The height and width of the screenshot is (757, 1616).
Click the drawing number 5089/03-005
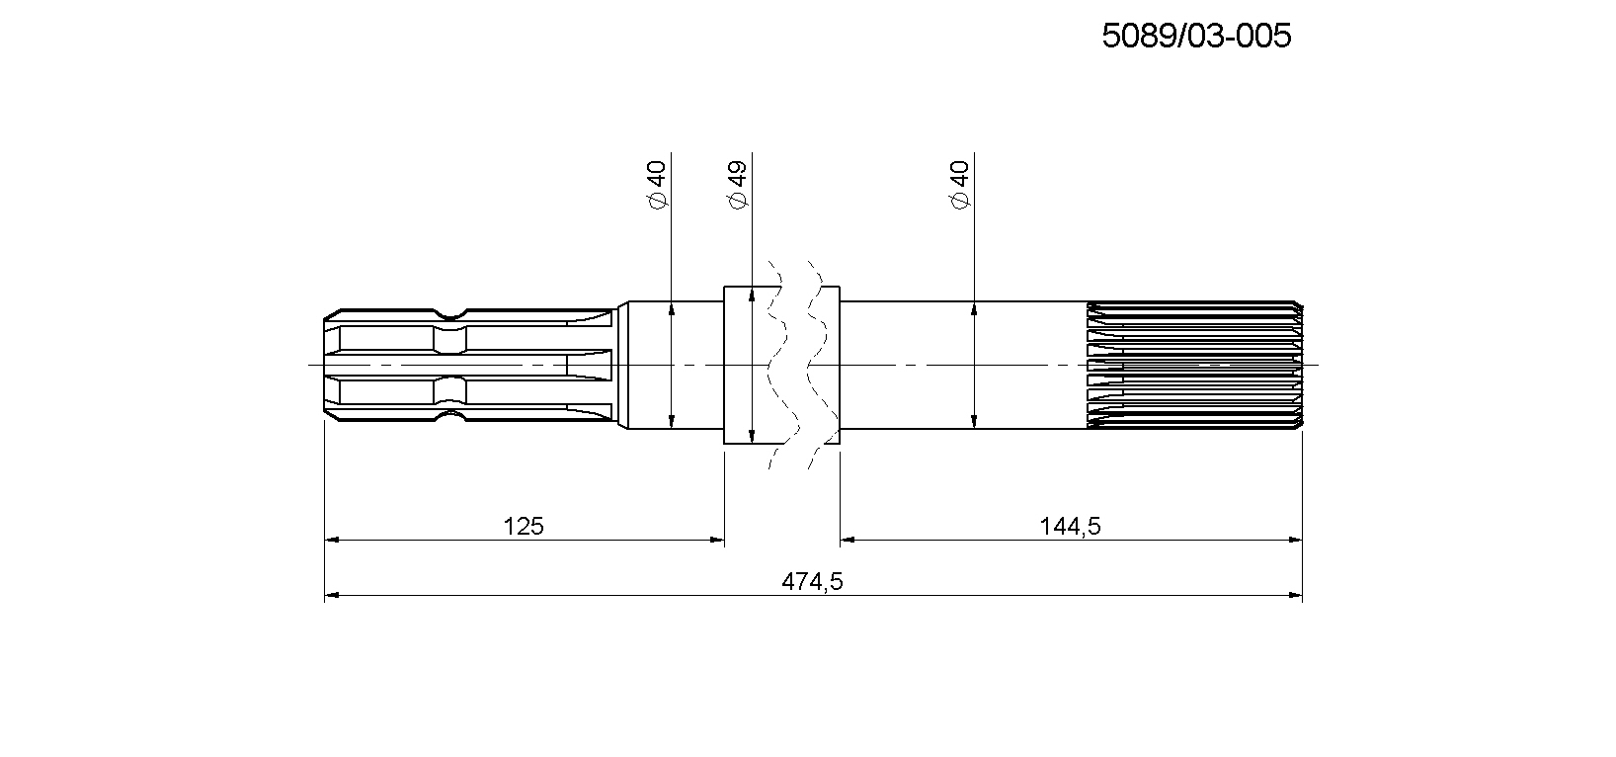coord(1196,36)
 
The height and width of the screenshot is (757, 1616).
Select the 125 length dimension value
coord(524,526)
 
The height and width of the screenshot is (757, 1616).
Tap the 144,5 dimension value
coord(1070,526)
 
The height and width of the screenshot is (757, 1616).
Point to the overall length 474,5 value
coord(812,581)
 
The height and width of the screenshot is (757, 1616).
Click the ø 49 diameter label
coord(738,186)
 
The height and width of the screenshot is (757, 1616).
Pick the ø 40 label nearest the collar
coord(657,186)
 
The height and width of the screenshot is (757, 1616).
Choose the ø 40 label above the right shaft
coord(960,186)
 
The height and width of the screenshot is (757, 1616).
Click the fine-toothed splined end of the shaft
coord(1194,365)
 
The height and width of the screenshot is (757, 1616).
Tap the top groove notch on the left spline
coord(450,314)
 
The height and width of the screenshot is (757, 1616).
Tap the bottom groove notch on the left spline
coord(450,416)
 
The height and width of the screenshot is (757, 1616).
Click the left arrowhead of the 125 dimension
coord(332,539)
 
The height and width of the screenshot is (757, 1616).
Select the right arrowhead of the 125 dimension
coord(716,539)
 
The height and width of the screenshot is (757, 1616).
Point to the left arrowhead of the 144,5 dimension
coord(848,539)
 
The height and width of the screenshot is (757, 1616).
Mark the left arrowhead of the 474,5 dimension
coord(332,595)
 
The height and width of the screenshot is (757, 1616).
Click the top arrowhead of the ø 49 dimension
coord(752,294)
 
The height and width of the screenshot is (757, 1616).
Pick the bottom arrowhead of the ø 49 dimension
coord(752,435)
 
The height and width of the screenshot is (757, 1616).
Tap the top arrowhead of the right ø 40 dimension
coord(974,309)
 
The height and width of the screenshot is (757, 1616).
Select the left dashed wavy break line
coord(783,365)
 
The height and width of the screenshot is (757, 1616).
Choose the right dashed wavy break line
coord(822,365)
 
